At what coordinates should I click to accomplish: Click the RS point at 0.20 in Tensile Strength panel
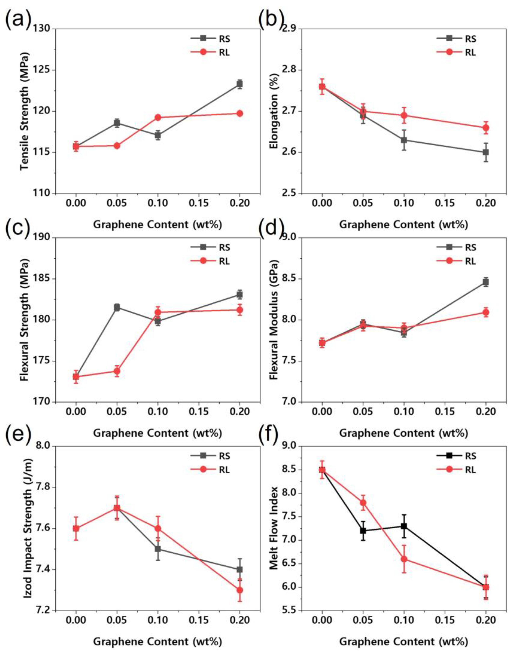click(239, 84)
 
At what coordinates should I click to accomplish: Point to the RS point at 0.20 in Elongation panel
click(486, 152)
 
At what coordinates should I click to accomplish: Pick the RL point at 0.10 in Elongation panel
click(404, 115)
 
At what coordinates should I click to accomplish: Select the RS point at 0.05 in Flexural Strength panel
click(117, 307)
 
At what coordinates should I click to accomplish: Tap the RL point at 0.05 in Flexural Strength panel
click(117, 371)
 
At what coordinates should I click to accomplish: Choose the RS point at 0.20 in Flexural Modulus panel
click(486, 282)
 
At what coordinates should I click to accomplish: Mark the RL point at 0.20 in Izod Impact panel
click(239, 590)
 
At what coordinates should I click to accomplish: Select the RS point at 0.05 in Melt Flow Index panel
click(363, 531)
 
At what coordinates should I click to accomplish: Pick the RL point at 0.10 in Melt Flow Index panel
click(404, 559)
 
